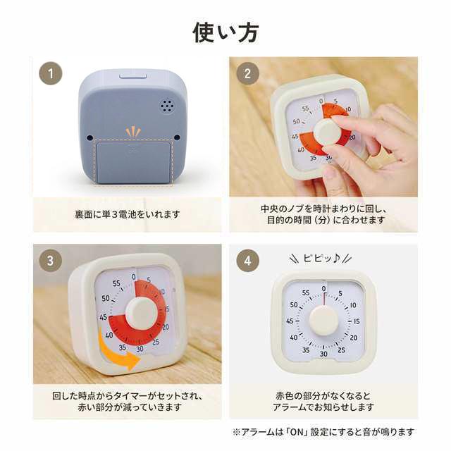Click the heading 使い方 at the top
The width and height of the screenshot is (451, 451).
click(x=225, y=32)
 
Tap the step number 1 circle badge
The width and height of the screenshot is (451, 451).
click(x=51, y=73)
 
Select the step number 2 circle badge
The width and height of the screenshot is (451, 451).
click(x=247, y=73)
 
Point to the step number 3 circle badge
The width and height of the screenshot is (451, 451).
click(x=51, y=261)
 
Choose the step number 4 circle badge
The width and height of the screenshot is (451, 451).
click(x=247, y=261)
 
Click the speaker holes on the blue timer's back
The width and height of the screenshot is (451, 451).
click(x=167, y=106)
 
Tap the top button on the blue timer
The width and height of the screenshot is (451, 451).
click(x=133, y=76)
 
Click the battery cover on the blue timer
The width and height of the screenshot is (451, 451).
click(x=133, y=162)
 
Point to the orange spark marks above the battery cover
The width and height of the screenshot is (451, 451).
click(x=133, y=132)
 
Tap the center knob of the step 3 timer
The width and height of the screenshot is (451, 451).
click(x=141, y=313)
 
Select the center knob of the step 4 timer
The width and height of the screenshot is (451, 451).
click(x=323, y=321)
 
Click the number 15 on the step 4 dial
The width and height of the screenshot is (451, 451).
click(x=357, y=321)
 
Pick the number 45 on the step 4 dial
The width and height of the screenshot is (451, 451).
click(x=290, y=321)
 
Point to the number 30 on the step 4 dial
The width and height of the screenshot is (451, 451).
click(x=324, y=354)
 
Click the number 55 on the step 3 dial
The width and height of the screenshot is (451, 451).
click(x=116, y=283)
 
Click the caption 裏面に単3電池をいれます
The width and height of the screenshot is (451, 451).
click(x=127, y=214)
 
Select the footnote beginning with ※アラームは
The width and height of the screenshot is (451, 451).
click(x=323, y=432)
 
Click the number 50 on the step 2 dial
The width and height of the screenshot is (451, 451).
click(x=296, y=121)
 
